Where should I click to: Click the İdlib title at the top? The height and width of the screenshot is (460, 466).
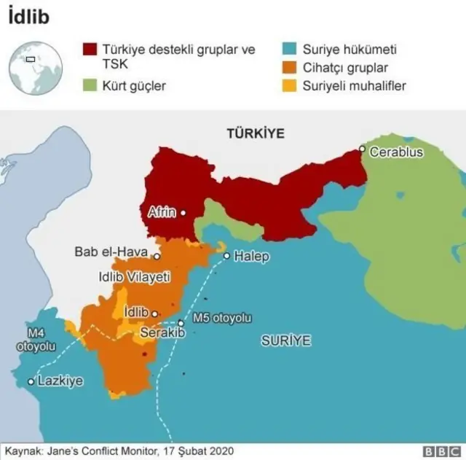click(x=28, y=16)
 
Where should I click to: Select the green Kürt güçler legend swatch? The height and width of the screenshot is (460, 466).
click(x=91, y=86)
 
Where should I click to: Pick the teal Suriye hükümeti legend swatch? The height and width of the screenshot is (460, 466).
click(x=290, y=51)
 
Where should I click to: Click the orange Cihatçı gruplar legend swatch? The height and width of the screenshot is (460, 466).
click(x=290, y=69)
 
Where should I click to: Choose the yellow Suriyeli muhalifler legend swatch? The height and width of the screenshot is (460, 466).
click(x=290, y=86)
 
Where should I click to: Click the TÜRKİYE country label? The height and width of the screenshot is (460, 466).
click(x=255, y=134)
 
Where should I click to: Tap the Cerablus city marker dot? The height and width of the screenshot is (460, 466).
click(x=362, y=149)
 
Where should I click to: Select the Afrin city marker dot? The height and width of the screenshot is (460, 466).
click(x=183, y=213)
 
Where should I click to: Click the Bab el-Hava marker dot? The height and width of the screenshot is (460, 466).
click(x=157, y=257)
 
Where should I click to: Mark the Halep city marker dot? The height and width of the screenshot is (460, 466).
click(x=227, y=256)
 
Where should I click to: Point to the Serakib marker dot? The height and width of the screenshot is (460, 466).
click(x=181, y=323)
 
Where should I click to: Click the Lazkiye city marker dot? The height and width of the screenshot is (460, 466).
click(x=31, y=381)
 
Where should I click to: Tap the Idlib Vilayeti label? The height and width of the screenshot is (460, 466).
click(x=134, y=277)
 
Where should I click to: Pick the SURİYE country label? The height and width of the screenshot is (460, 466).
click(x=286, y=340)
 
